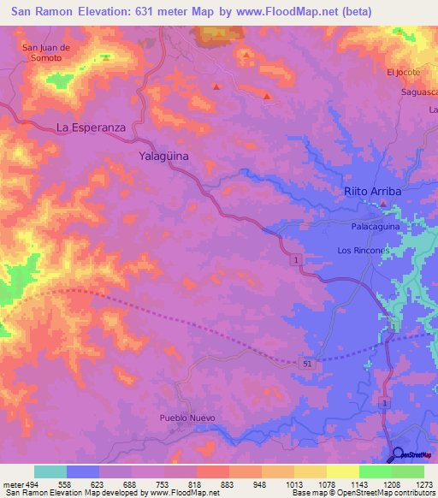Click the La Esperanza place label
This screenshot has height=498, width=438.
pos(92,127)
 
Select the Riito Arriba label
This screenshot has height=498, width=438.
pos(372,192)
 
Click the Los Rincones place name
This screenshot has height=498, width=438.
pos(364,251)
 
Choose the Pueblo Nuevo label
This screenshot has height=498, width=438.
pos(187,418)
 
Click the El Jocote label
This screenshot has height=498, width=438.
pos(403,72)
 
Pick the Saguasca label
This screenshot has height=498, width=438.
pos(419,92)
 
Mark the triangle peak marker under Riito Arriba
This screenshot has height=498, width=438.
pos(384,204)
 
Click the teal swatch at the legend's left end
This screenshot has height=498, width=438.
pos(50,471)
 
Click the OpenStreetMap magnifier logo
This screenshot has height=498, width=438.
pos(398,454)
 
